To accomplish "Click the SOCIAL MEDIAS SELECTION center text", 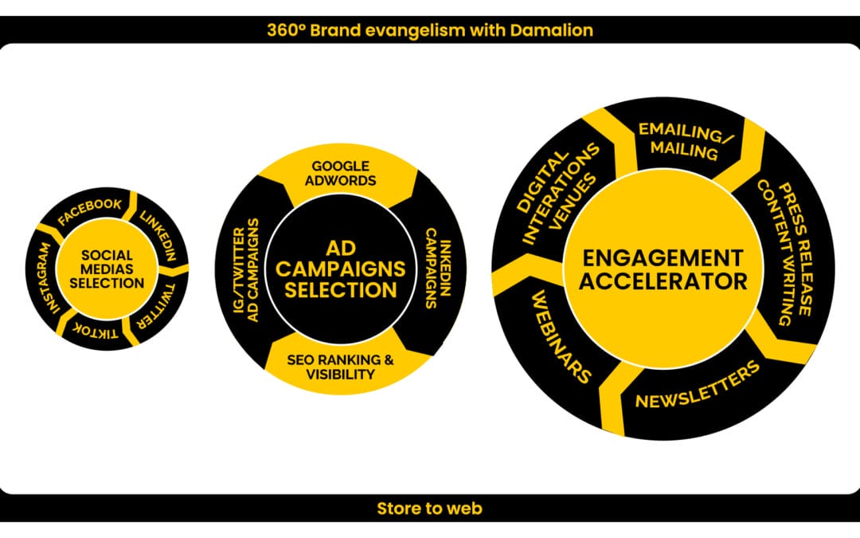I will (112, 269).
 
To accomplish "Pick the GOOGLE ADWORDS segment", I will (340, 173).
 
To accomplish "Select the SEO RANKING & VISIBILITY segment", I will (340, 367).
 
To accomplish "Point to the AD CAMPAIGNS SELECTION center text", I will (341, 269).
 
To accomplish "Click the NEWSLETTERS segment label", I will (698, 386).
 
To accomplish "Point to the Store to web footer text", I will (429, 509).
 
